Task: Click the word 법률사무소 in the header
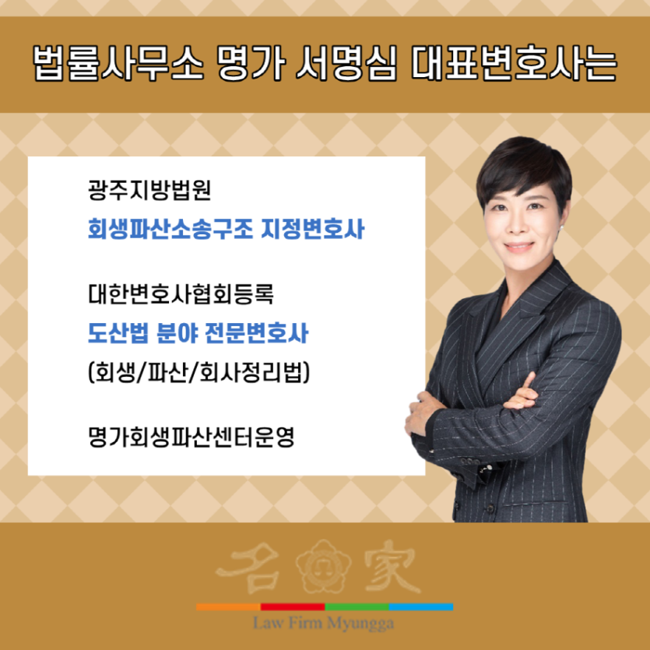(x=118, y=65)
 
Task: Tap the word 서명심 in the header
(x=346, y=65)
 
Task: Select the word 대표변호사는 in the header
(x=514, y=65)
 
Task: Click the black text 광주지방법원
(x=149, y=190)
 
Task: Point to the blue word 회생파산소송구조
(x=170, y=229)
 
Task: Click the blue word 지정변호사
(x=313, y=229)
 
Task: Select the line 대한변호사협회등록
(x=181, y=294)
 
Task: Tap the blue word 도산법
(x=118, y=333)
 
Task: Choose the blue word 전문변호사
(x=257, y=333)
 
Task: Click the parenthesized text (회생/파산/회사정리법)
(x=199, y=372)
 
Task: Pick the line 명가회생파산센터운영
(x=191, y=437)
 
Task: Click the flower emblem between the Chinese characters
(x=324, y=565)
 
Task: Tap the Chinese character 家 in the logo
(x=392, y=566)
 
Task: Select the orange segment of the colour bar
(x=228, y=607)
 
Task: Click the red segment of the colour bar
(x=293, y=607)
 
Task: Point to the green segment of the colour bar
(x=357, y=607)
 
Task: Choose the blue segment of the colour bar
(x=421, y=607)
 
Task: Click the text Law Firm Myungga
(x=324, y=624)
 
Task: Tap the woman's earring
(x=563, y=227)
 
